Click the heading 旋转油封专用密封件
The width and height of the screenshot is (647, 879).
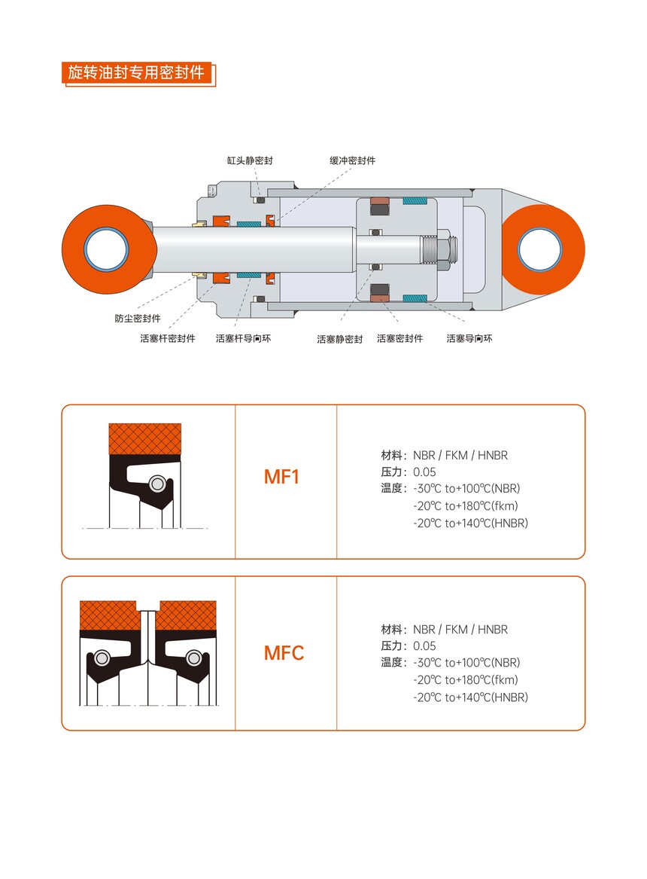(136, 72)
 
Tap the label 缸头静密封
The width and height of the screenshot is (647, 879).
(250, 160)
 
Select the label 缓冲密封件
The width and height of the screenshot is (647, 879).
(353, 160)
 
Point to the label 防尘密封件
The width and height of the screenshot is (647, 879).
(138, 319)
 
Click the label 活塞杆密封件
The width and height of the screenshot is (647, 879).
(167, 338)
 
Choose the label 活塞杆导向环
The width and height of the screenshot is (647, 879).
(243, 338)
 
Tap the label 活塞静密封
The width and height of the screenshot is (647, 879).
(340, 339)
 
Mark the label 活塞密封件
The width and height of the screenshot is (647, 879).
(399, 338)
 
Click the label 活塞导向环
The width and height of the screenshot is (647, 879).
(469, 338)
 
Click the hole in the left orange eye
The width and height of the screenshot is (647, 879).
(106, 249)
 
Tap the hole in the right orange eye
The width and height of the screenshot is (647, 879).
(540, 249)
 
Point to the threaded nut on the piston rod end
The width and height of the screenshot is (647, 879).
(443, 249)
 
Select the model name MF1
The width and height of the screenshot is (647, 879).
(281, 477)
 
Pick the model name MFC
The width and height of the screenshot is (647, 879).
(284, 652)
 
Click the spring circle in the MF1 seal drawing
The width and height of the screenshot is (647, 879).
(157, 484)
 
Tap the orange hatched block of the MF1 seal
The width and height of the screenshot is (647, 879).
(145, 439)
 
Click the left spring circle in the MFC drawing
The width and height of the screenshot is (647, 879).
(102, 658)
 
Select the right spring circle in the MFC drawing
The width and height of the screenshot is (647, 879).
(193, 658)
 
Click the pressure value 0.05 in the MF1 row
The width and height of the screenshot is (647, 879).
(424, 472)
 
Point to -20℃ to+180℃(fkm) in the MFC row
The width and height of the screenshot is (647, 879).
(466, 680)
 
